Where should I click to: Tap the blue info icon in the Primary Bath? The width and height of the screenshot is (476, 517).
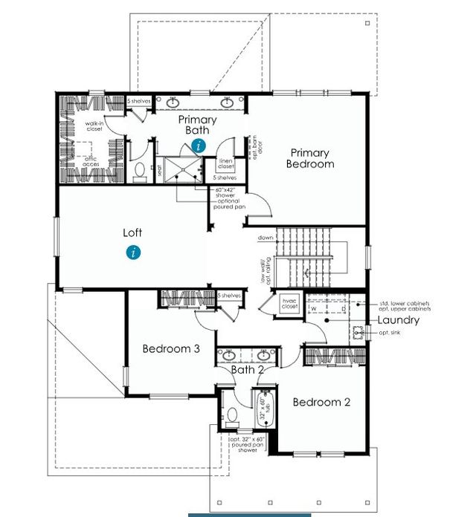198,146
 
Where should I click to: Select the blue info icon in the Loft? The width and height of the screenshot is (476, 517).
133,252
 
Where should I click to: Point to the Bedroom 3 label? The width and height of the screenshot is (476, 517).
171,348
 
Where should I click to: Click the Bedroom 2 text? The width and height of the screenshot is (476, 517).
321,402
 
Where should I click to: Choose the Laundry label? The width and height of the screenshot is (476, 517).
398,320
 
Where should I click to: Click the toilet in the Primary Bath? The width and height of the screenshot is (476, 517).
139,171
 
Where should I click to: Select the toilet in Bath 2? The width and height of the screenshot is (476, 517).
233,414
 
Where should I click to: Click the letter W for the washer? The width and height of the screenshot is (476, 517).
314,308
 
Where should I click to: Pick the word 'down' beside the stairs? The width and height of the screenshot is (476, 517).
266,238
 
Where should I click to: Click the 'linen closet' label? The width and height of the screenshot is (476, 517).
226,163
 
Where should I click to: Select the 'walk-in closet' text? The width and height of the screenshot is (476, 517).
94,126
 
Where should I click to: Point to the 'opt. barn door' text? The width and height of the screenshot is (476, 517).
254,149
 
